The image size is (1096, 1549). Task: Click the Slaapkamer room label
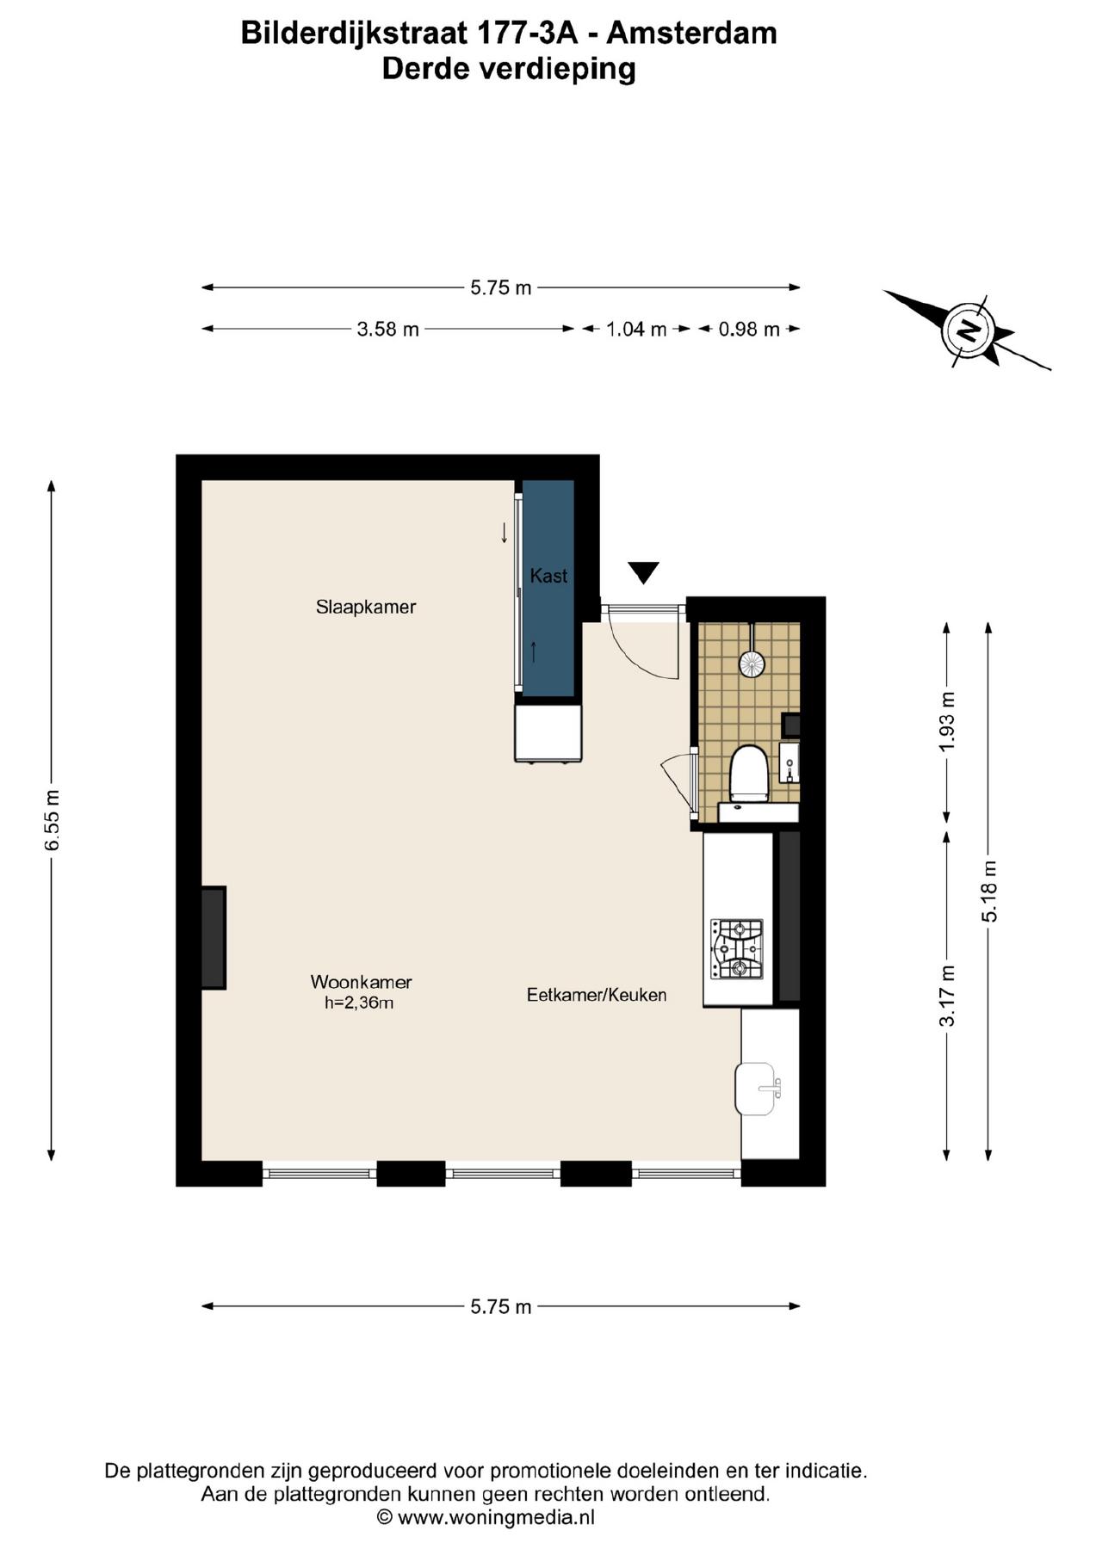point(366,607)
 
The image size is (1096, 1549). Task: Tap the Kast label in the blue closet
point(548,576)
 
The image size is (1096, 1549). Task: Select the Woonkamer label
point(361,982)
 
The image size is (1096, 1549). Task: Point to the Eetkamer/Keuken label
point(597,995)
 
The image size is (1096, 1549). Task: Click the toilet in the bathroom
point(748,774)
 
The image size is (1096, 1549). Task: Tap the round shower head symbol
point(751,663)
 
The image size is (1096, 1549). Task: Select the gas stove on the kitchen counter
point(736,949)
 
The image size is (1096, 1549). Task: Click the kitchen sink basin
point(756,1089)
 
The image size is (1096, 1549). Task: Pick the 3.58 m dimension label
point(387,329)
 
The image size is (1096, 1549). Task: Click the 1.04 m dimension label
point(636,329)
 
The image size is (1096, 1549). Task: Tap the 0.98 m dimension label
point(749,329)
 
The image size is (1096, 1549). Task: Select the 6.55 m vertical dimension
point(53,820)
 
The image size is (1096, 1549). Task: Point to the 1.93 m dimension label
point(947,720)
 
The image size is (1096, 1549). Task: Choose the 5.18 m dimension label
point(989,892)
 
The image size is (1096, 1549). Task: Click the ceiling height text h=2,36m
point(359,1003)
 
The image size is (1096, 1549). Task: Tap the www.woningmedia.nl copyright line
point(486,1517)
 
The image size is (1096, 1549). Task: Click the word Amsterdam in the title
point(692,33)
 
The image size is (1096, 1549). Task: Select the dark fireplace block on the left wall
point(214,938)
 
